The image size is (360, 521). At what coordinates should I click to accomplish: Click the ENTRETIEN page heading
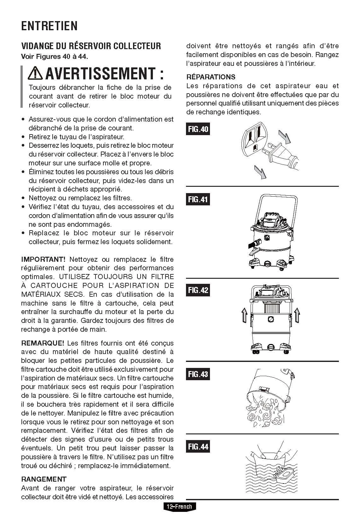coord(49,26)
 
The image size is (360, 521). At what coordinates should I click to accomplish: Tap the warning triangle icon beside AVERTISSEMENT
coord(36,73)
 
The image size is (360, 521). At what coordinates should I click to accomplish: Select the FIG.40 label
coord(198,129)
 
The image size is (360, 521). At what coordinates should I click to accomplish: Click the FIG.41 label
coord(198,199)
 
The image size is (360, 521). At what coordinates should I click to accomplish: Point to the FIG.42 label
coord(198,290)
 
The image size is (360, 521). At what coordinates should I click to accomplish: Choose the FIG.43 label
coord(198,374)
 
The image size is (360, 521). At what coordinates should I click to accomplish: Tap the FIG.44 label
coord(198,447)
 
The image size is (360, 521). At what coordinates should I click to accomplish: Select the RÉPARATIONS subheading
coord(211,77)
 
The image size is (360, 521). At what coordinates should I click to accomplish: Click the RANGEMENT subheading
coord(44,479)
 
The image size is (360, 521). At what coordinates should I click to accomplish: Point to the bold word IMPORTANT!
coord(43,259)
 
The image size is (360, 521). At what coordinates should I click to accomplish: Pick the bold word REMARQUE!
coord(43,343)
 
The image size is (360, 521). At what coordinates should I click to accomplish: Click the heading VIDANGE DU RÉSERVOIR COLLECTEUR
coord(91,46)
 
